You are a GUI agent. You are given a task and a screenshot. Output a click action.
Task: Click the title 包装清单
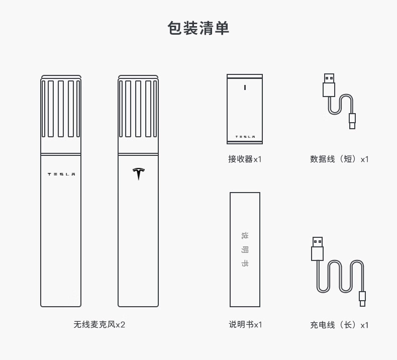click(198, 28)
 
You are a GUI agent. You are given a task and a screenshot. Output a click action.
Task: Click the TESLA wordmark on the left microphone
click(61, 174)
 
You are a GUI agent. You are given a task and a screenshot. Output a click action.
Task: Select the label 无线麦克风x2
click(99, 325)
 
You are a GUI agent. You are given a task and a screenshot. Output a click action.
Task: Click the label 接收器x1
click(245, 159)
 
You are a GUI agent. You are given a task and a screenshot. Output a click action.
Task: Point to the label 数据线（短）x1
click(339, 159)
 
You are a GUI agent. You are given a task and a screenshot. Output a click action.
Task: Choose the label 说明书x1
click(245, 325)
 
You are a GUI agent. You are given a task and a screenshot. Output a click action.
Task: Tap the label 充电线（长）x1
click(339, 325)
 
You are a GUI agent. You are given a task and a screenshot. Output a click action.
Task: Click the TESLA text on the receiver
click(245, 137)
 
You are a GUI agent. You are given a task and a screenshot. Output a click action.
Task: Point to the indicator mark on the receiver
click(245, 87)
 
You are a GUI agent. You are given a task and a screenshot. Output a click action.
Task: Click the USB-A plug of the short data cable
click(329, 85)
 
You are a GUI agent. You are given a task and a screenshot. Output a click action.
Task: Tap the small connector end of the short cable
click(352, 121)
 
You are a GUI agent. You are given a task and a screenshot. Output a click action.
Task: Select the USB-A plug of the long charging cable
click(317, 248)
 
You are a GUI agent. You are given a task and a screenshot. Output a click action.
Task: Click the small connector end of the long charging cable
click(362, 298)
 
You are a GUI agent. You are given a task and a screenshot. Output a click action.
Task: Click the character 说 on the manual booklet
click(245, 235)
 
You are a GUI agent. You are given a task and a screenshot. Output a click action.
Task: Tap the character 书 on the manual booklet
click(245, 263)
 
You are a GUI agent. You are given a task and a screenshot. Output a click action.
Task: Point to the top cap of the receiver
click(245, 76)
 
